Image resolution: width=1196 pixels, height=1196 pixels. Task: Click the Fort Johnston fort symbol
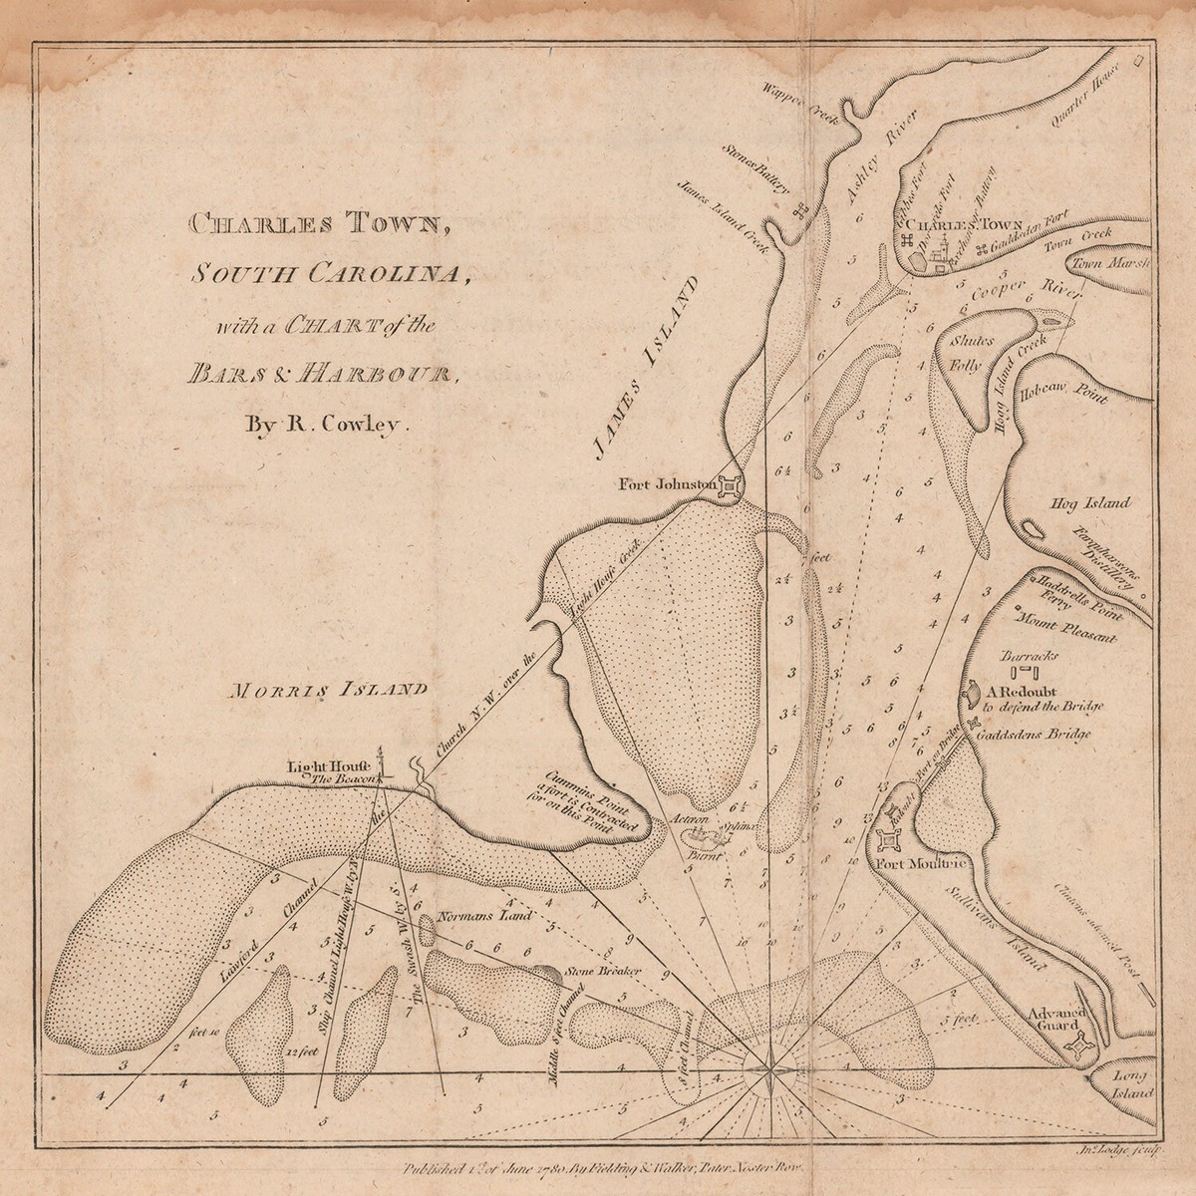[730, 487]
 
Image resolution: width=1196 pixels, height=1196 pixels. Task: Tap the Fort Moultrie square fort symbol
[886, 839]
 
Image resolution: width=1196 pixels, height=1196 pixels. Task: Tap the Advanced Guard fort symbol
[1077, 1046]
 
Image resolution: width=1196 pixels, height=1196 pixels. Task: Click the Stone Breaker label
[601, 971]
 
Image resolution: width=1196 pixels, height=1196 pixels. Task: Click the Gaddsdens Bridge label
[1034, 735]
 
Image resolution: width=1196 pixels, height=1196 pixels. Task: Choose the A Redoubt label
[1026, 690]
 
